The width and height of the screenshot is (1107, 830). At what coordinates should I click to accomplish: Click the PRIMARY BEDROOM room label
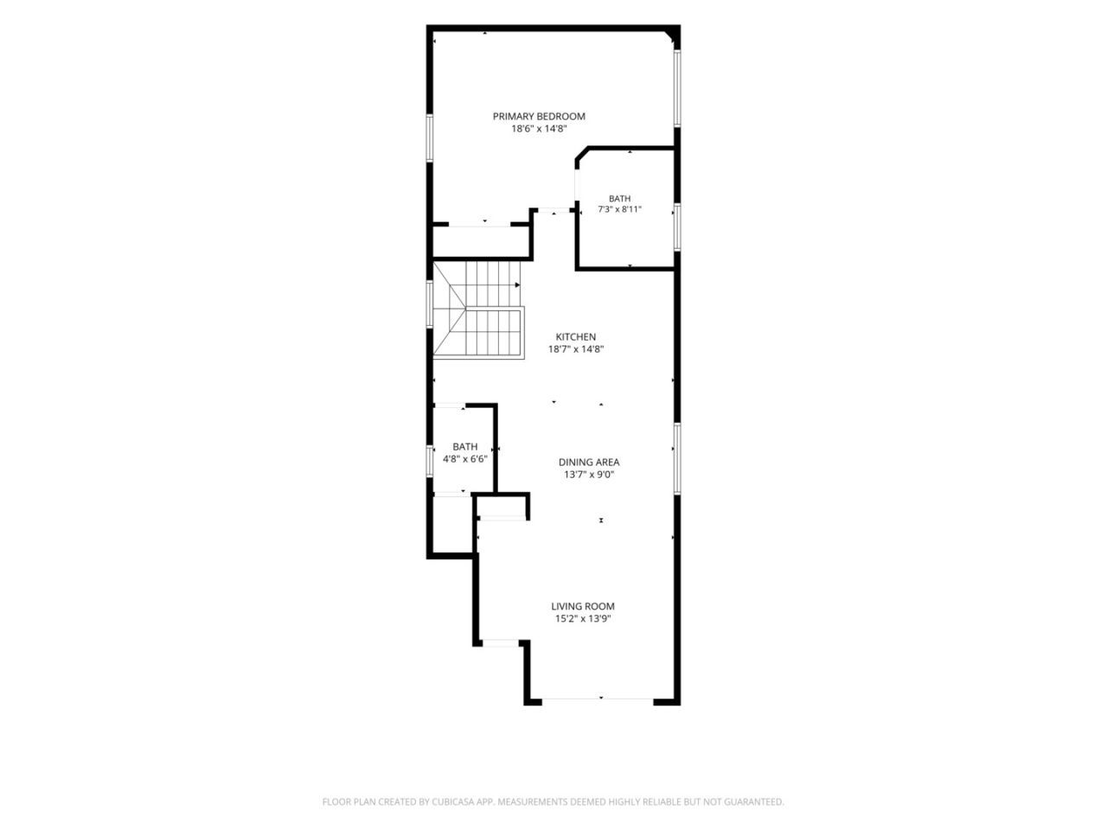[x=539, y=117]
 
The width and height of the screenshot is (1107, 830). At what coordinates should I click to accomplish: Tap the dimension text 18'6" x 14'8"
[x=539, y=129]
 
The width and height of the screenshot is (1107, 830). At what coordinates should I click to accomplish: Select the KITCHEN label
[x=575, y=336]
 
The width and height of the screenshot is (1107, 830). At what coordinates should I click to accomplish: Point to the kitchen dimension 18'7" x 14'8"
[x=575, y=348]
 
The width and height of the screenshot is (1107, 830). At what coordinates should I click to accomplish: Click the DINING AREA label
[x=589, y=462]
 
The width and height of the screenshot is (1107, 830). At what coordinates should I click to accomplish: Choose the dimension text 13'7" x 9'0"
[x=589, y=474]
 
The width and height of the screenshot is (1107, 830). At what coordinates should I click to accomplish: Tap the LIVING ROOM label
[x=583, y=606]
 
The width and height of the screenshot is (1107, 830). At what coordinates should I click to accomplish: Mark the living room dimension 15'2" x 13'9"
[x=583, y=619]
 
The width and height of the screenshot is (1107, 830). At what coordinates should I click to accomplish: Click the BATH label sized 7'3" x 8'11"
[x=619, y=199]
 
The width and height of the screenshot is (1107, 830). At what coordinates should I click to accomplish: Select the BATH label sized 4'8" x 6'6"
[x=464, y=446]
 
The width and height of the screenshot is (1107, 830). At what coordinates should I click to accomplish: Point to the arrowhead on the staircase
[x=517, y=284]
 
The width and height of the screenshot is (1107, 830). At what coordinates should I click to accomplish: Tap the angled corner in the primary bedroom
[x=670, y=36]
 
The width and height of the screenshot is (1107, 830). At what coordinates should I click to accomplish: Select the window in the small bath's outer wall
[x=430, y=461]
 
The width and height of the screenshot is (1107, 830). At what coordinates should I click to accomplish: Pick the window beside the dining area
[x=677, y=458]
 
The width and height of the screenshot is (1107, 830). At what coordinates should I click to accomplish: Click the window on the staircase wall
[x=430, y=305]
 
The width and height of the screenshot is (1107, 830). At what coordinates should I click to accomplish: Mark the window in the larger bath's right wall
[x=677, y=227]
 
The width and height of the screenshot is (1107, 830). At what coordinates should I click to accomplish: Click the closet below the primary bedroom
[x=481, y=242]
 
